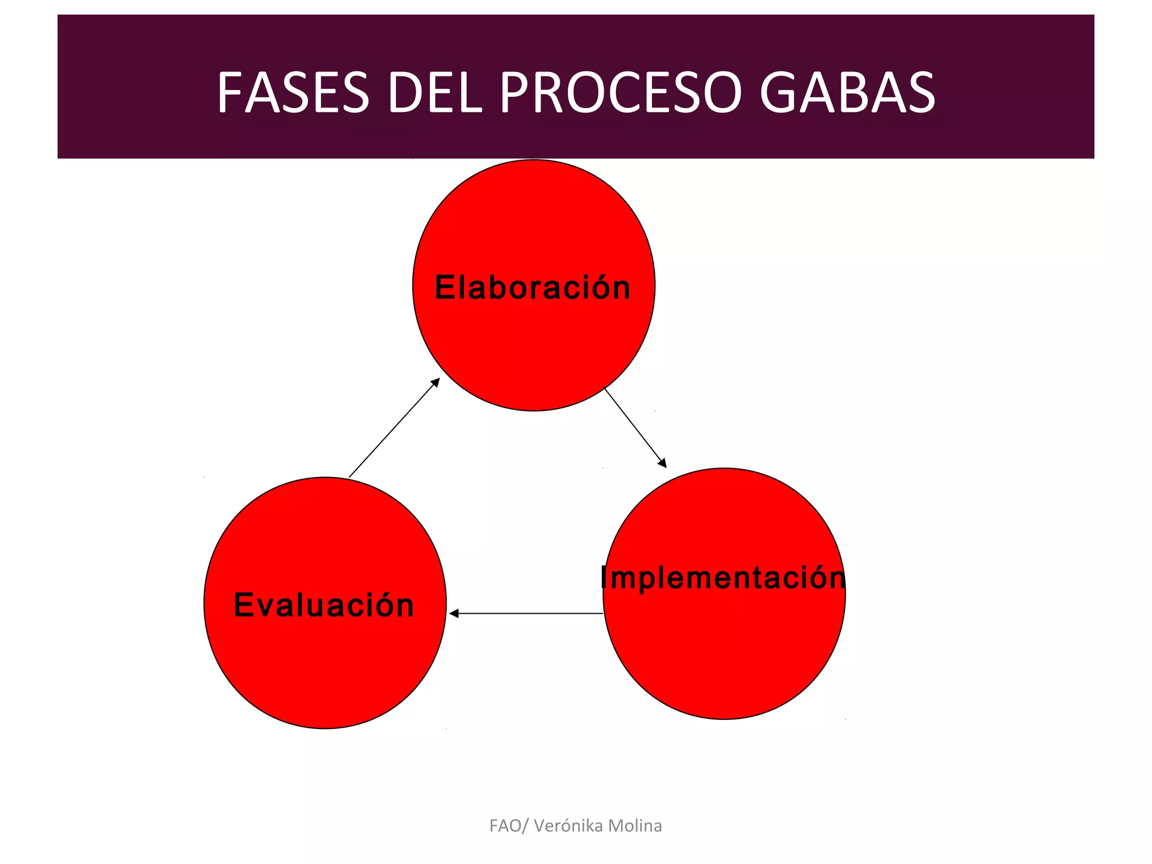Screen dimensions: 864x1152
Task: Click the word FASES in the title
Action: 292,93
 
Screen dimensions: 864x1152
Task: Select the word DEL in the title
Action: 434,93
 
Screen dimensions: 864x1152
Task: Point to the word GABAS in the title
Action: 847,93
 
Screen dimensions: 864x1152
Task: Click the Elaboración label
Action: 532,287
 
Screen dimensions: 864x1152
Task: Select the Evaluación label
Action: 323,605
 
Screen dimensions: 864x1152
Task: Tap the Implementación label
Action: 723,578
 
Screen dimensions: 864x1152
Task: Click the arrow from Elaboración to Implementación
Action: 634,427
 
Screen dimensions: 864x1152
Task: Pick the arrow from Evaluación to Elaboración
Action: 394,428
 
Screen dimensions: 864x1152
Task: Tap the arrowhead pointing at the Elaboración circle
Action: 435,382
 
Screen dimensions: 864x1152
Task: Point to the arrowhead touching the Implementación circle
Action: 663,463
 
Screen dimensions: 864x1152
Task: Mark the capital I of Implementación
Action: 604,578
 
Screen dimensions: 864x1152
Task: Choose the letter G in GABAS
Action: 779,93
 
